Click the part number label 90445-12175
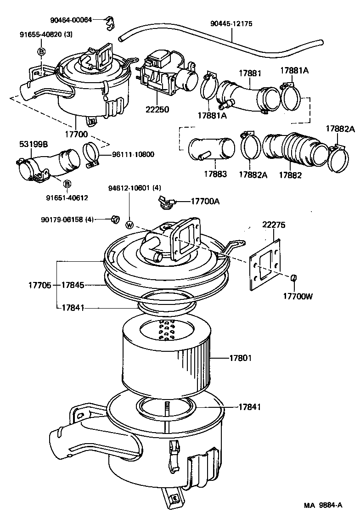point(231,23)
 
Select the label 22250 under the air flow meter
point(157,109)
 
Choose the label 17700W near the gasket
point(297,296)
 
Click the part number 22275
point(274,225)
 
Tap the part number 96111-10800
point(133,154)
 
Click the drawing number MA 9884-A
point(323,505)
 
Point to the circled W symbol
point(130,225)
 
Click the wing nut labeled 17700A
point(164,202)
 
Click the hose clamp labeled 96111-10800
point(92,153)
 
